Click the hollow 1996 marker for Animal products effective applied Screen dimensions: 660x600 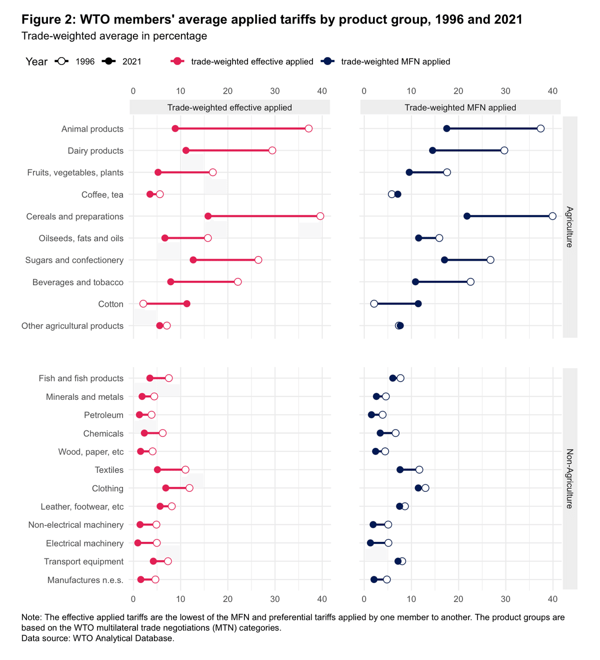pyautogui.click(x=308, y=129)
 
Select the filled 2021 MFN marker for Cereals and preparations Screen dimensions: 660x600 pyautogui.click(x=467, y=216)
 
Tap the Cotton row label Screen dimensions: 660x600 pyautogui.click(x=110, y=304)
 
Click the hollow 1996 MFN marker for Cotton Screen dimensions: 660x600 pyautogui.click(x=374, y=304)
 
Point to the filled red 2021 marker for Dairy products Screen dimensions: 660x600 pyautogui.click(x=186, y=151)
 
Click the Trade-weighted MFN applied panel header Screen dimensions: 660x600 pyautogui.click(x=460, y=108)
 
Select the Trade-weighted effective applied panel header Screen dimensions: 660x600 pyautogui.click(x=229, y=108)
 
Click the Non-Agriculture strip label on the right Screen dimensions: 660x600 pyautogui.click(x=569, y=478)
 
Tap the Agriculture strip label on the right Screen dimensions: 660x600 pyautogui.click(x=569, y=227)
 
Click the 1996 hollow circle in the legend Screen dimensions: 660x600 pyautogui.click(x=62, y=62)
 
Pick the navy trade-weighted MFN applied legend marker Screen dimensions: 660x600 pyautogui.click(x=327, y=62)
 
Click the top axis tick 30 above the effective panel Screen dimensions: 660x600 pyautogui.click(x=275, y=91)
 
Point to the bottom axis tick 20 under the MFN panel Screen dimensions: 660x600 pyautogui.click(x=458, y=599)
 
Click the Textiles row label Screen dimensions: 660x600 pyautogui.click(x=109, y=470)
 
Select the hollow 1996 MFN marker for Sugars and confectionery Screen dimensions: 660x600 pyautogui.click(x=490, y=260)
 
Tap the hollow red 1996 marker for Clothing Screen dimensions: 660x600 pyautogui.click(x=189, y=488)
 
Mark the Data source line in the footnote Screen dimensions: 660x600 pyautogui.click(x=98, y=638)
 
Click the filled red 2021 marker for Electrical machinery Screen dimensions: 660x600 pyautogui.click(x=138, y=543)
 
